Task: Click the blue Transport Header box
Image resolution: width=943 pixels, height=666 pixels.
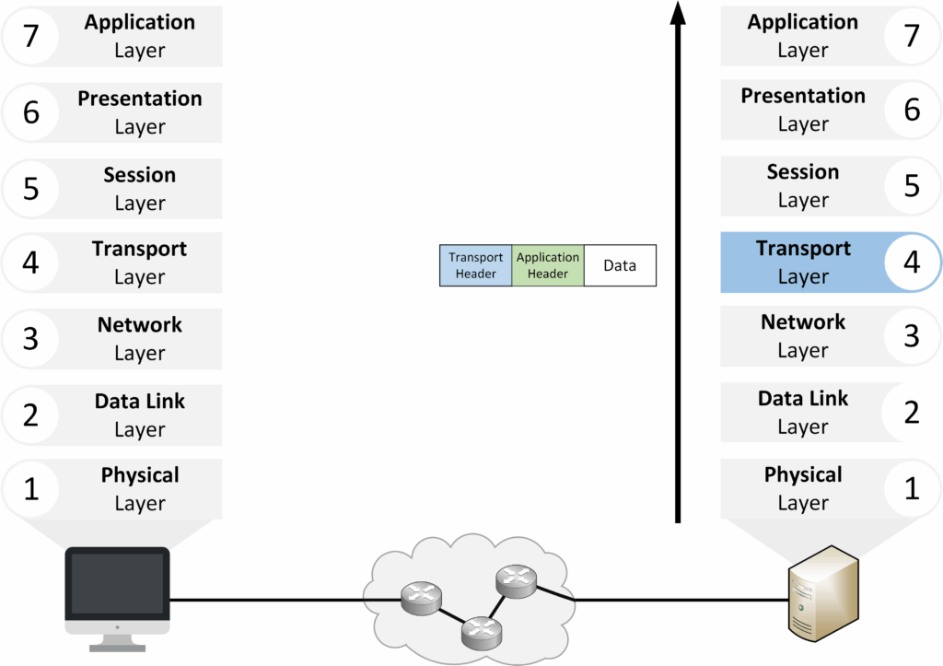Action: [476, 265]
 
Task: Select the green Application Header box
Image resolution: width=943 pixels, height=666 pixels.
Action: [548, 265]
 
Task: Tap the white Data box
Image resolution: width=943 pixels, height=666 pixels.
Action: [620, 265]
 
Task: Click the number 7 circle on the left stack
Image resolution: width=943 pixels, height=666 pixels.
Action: [30, 35]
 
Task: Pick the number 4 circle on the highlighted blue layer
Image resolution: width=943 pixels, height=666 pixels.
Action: [912, 262]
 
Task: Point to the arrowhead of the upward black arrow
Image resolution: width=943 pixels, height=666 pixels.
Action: [678, 14]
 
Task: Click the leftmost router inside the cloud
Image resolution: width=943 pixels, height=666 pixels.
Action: [420, 600]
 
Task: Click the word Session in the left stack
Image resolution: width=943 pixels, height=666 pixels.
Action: [140, 175]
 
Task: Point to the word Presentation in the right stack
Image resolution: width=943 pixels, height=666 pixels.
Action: [803, 96]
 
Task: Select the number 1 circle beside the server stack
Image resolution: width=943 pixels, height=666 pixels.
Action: [912, 488]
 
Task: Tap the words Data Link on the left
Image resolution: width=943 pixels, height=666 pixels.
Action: [140, 402]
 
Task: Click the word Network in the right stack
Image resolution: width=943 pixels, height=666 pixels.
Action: [803, 322]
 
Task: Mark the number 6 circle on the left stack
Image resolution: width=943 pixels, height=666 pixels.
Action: [30, 111]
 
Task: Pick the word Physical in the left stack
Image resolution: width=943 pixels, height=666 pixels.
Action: [140, 475]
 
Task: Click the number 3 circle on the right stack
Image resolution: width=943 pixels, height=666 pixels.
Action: [912, 336]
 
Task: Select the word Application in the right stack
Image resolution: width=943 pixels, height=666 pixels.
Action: [803, 22]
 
